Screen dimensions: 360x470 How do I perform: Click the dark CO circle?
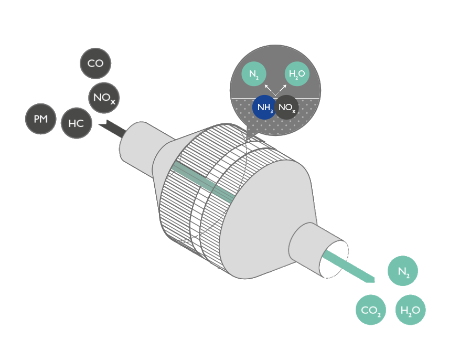pos(95,64)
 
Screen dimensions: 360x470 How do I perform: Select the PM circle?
pos(40,119)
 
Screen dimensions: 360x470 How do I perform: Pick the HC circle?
pos(77,123)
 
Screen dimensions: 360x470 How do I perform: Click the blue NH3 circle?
pos(264,108)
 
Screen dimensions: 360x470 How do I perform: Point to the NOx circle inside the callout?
pos(287,108)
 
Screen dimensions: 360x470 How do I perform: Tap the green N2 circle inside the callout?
pos(253,75)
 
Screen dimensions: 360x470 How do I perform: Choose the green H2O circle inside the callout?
pos(297,75)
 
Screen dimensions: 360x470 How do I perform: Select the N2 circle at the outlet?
pos(403,272)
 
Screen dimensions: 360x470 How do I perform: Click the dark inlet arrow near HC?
pos(112,128)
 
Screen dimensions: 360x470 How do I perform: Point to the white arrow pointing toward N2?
pos(268,88)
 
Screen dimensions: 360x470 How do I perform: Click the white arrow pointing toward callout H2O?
pos(284,88)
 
